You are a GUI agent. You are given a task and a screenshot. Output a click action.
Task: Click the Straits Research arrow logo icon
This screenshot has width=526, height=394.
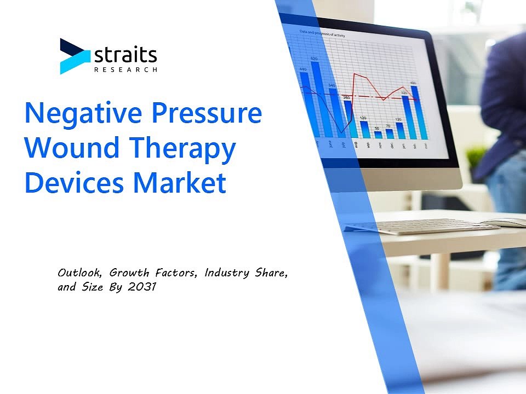tap(73, 56)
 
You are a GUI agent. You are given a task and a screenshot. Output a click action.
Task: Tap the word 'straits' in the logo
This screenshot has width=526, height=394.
tap(125, 55)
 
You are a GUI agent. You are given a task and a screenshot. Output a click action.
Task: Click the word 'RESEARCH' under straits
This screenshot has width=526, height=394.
tap(125, 69)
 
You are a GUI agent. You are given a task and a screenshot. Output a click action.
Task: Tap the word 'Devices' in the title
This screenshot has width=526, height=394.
tap(74, 183)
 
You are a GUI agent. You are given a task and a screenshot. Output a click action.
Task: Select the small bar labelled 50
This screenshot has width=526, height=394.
tap(378, 134)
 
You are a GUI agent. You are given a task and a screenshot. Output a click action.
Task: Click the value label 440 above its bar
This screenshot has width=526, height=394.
tap(303, 69)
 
